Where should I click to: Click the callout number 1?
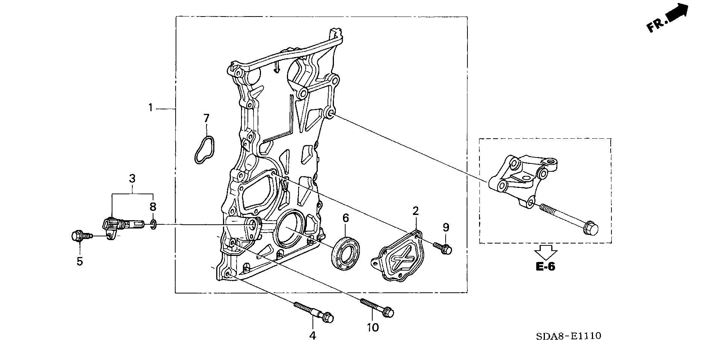(150, 108)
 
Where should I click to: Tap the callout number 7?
(206, 119)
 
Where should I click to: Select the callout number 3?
(132, 178)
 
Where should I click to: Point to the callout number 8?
(153, 207)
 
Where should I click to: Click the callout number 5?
(80, 261)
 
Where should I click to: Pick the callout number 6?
(346, 218)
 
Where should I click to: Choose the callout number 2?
(416, 211)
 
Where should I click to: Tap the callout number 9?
(446, 227)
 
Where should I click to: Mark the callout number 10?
(373, 328)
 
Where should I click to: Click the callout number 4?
(313, 335)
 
